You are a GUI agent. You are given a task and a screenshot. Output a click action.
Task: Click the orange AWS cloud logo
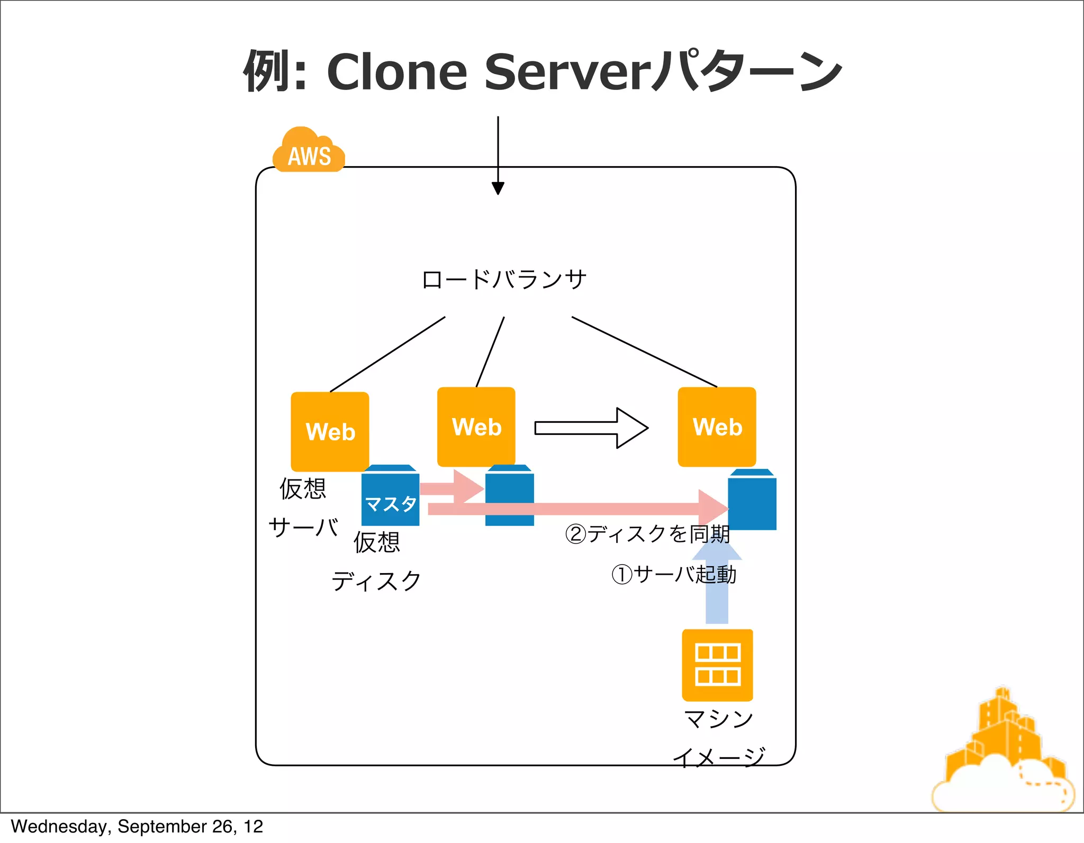309,151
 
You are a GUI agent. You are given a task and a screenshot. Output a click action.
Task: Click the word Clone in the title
397,71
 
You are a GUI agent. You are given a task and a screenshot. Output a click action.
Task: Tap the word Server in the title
566,71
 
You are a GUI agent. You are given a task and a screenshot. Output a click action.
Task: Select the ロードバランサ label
504,279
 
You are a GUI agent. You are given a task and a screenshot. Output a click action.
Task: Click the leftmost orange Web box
330,431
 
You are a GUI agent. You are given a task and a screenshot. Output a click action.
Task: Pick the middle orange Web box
476,427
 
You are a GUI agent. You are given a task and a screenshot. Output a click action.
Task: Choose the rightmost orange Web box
717,427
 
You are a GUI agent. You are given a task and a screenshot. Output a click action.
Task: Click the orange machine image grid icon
717,665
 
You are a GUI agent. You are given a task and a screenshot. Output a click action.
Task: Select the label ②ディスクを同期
647,533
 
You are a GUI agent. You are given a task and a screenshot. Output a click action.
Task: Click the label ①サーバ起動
673,574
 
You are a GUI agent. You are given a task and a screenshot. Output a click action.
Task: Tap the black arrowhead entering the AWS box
498,188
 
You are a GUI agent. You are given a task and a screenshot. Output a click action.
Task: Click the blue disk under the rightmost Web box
752,500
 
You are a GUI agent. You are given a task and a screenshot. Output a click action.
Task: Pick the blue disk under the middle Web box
509,496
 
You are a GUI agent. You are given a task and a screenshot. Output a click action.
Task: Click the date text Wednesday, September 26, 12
137,827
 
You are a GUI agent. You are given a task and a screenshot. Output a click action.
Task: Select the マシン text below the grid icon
718,719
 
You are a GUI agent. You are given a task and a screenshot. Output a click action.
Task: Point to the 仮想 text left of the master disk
303,488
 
